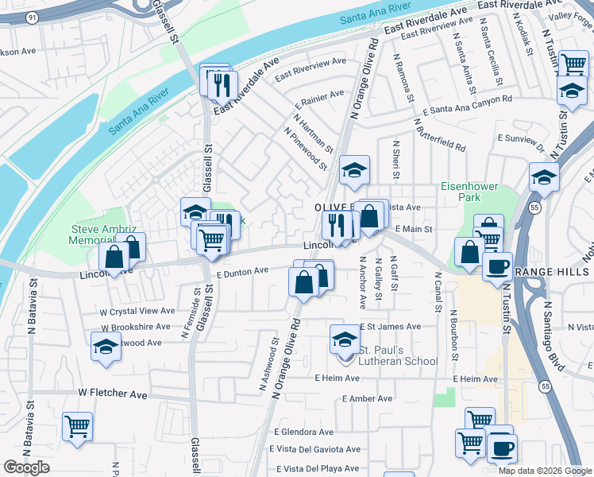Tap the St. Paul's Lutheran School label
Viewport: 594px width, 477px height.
398,355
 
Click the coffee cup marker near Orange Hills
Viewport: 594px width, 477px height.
497,266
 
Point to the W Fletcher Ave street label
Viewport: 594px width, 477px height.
113,394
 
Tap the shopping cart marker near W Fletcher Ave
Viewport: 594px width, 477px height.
77,426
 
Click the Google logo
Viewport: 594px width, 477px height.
26,467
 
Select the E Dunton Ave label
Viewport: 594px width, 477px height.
243,271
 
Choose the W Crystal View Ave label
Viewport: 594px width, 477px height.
137,311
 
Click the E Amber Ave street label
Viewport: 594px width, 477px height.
367,398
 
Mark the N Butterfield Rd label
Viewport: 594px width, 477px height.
439,137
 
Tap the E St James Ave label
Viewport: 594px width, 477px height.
391,327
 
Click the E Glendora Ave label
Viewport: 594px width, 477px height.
304,432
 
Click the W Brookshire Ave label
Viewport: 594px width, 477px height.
135,327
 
